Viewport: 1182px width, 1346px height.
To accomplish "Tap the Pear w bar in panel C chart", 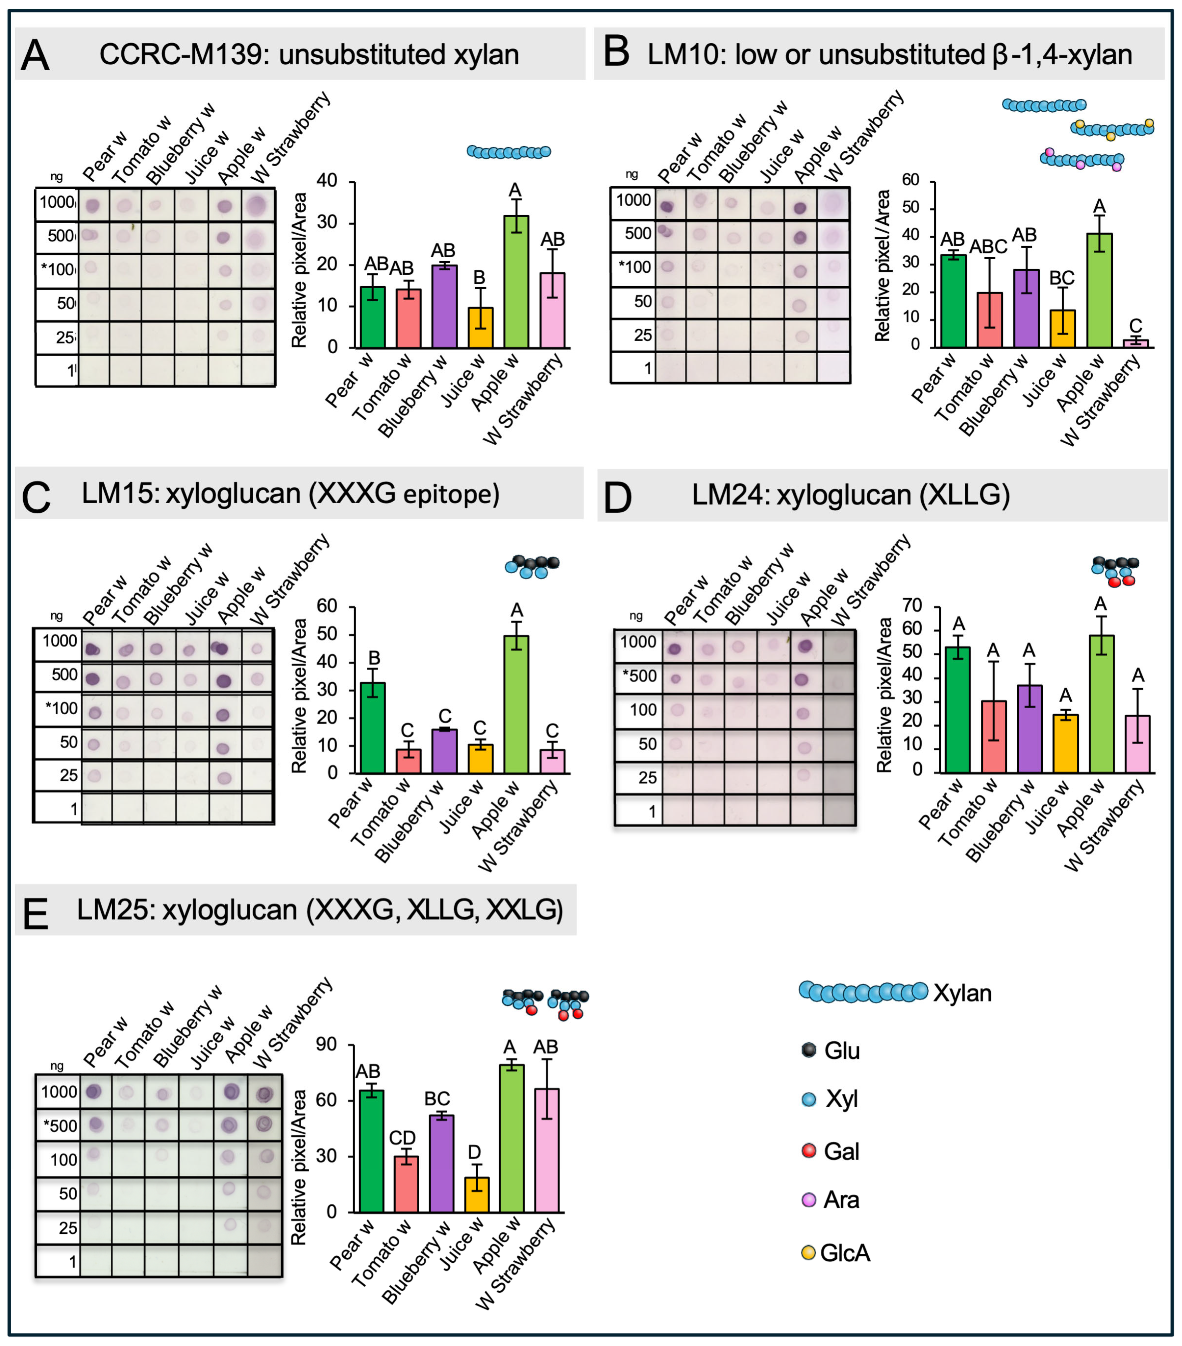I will point(373,728).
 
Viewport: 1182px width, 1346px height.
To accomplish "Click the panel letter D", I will point(617,499).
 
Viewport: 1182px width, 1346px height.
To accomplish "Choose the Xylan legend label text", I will point(962,993).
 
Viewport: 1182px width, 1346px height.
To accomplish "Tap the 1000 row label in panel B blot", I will point(633,200).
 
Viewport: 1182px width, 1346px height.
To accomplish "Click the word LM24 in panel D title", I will point(727,495).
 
